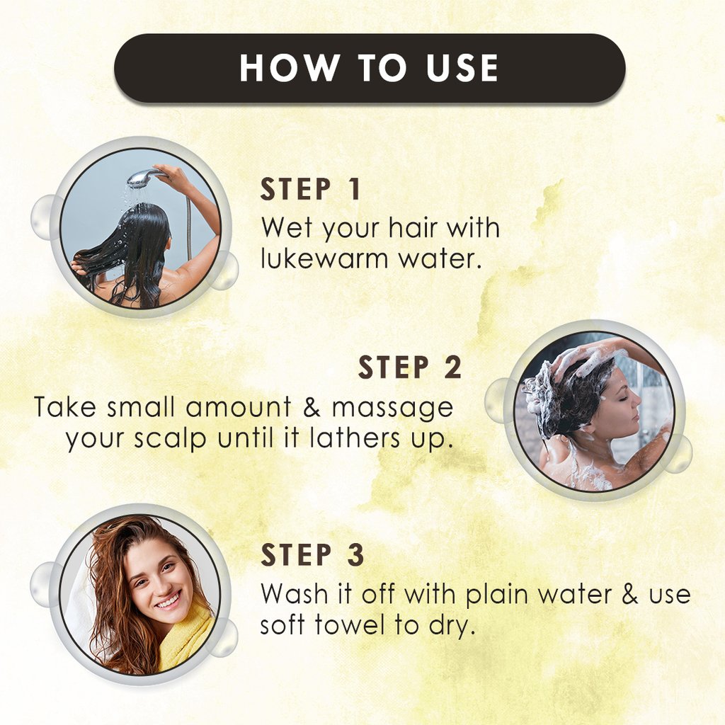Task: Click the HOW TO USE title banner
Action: pyautogui.click(x=370, y=68)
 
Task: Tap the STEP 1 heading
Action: pyautogui.click(x=311, y=190)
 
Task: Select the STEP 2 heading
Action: pyautogui.click(x=410, y=368)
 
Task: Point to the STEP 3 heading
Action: pyautogui.click(x=312, y=556)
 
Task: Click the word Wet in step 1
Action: pyautogui.click(x=287, y=229)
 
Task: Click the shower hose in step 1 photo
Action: pyautogui.click(x=188, y=227)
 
